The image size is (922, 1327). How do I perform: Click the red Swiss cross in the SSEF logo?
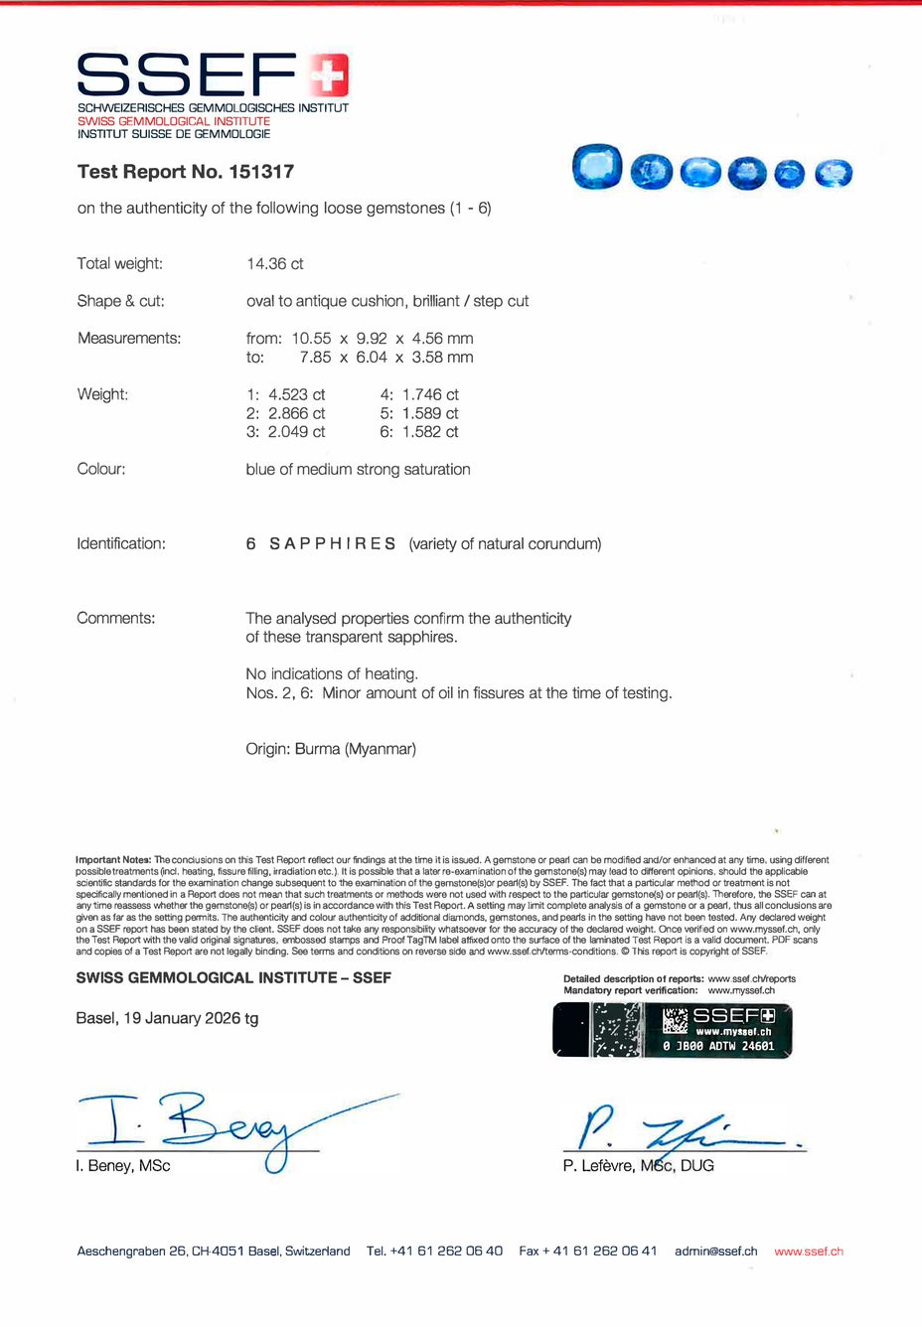point(328,75)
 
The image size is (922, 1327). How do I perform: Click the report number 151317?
point(261,172)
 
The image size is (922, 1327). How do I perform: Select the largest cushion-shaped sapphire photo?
point(597,167)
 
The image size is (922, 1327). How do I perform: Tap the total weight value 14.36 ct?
point(275,264)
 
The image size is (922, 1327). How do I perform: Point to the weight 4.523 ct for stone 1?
point(296,394)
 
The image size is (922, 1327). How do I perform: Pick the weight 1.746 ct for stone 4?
point(430,394)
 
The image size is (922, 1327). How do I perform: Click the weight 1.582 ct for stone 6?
point(430,432)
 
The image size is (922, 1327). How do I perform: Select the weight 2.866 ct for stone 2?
point(296,413)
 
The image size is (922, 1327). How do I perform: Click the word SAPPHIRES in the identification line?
point(333,544)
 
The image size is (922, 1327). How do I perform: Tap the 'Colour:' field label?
point(101,469)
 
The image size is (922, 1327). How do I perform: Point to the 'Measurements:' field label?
point(129,339)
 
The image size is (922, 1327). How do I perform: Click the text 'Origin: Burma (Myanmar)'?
point(331,749)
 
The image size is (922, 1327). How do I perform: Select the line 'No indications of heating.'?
point(332,674)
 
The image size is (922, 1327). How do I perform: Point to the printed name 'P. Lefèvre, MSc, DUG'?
point(638,1166)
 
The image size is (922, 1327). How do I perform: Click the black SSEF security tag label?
point(673,1030)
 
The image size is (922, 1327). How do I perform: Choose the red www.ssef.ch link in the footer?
point(809,1252)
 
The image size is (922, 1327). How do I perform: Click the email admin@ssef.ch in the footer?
point(715,1252)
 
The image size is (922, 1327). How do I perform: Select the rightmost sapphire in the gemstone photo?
point(834,174)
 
